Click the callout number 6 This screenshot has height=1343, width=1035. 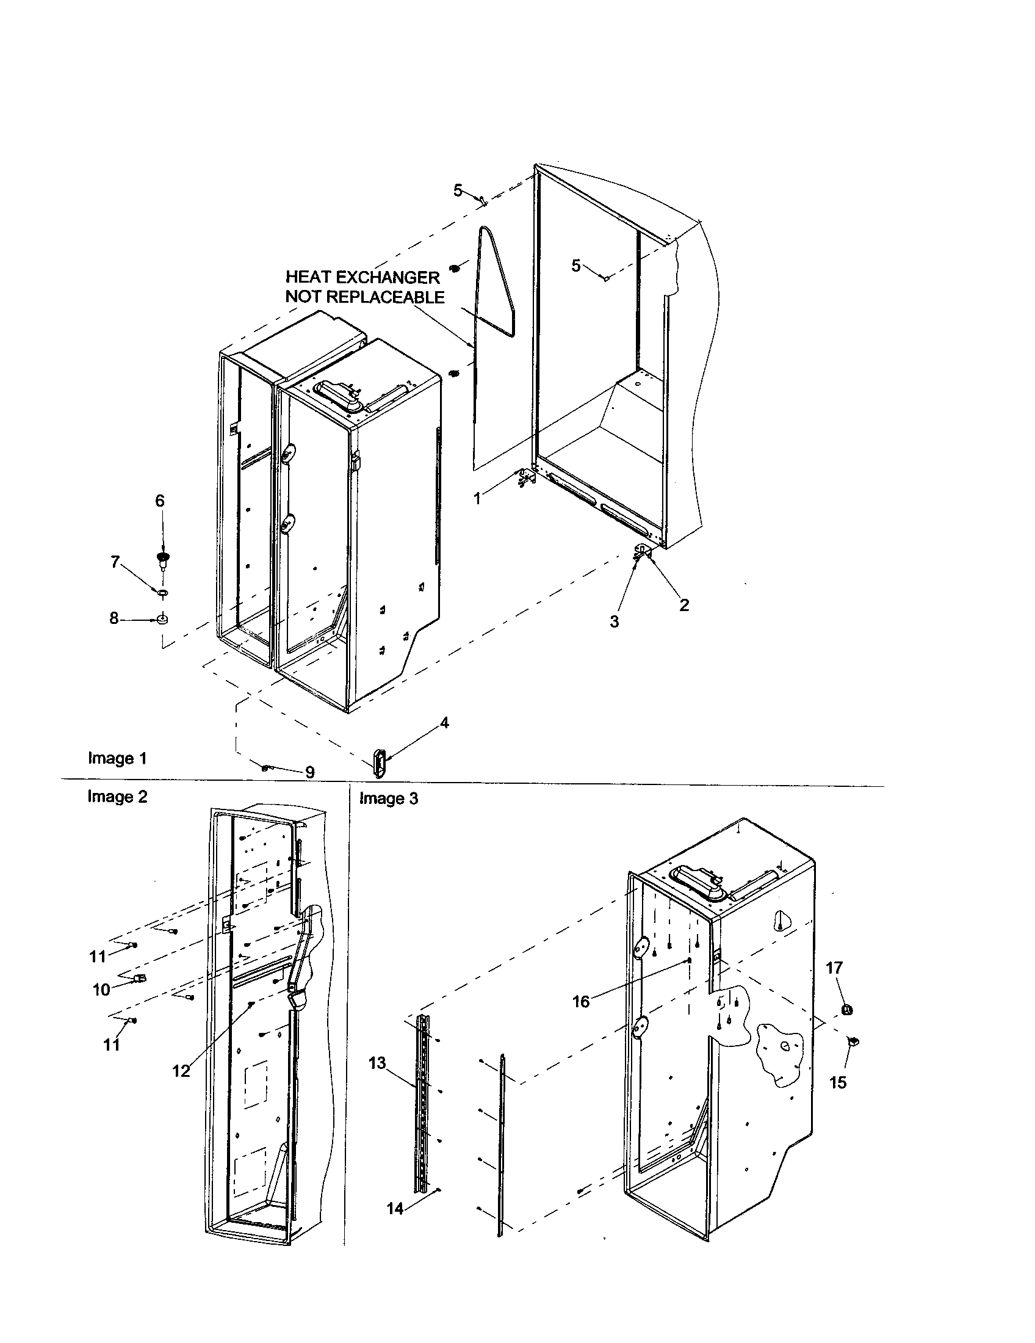coord(160,501)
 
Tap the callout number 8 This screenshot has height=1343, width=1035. coord(114,618)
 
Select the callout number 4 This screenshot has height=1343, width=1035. coord(444,723)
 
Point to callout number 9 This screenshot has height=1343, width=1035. coord(310,772)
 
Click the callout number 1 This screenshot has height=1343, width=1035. coord(478,499)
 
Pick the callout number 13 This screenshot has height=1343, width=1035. coord(377,1063)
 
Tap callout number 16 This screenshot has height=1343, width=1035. coord(581,1002)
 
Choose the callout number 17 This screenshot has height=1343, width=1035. coord(834,968)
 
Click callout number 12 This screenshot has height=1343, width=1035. coord(181,1071)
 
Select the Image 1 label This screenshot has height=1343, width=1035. coord(117,758)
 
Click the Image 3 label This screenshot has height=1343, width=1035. coord(389,798)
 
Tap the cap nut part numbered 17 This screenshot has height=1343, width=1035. coord(846,1008)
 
